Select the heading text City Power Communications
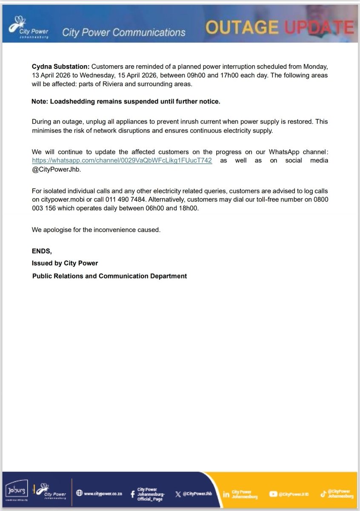pyautogui.click(x=123, y=32)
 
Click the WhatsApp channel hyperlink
pyautogui.click(x=122, y=160)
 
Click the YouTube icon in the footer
pyautogui.click(x=273, y=494)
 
